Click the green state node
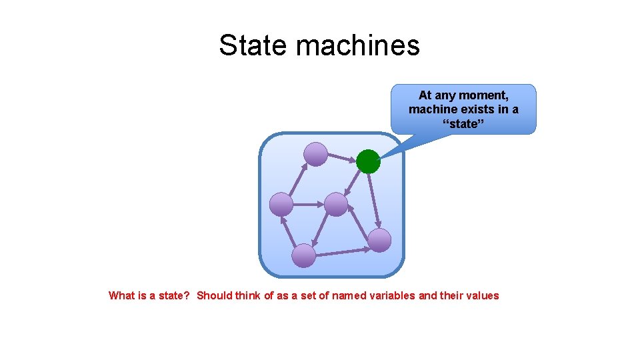pos(367,161)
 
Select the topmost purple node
pos(315,155)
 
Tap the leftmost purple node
pos(281,204)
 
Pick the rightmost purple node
pos(379,240)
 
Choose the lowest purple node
pos(304,255)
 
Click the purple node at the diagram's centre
pos(336,204)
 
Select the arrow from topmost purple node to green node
pos(341,158)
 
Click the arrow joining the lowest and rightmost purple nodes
pos(343,252)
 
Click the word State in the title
pos(253,45)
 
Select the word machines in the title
pos(358,45)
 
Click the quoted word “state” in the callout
pos(463,123)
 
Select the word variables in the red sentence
pos(391,295)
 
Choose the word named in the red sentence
pos(348,295)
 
